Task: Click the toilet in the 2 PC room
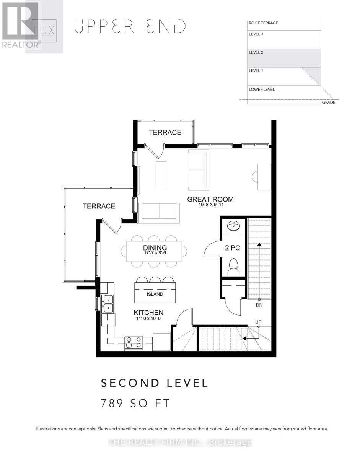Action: coord(233,266)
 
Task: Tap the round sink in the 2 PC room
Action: coord(233,226)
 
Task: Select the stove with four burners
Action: coord(134,342)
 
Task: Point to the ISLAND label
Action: coord(155,294)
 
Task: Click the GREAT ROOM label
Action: coord(210,199)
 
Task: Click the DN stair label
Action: coord(259,305)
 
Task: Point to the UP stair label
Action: coord(258,322)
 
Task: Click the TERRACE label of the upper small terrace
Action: coord(165,132)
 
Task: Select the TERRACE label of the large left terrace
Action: coord(99,206)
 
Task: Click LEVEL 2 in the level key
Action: coord(256,52)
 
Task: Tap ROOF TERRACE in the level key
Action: coord(263,23)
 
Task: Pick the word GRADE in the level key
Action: coord(328,103)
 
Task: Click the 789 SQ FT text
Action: coord(134,403)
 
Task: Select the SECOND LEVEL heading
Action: coord(154,383)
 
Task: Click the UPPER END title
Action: coord(130,26)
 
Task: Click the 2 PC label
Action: coord(232,248)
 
